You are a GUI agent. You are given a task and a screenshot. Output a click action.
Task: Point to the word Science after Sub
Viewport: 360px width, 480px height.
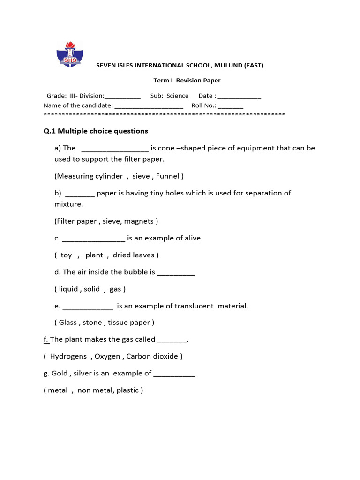coord(178,96)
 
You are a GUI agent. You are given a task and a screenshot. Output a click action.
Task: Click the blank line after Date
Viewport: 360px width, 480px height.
coord(240,96)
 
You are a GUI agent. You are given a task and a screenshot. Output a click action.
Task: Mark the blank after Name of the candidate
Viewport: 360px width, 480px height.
coord(149,106)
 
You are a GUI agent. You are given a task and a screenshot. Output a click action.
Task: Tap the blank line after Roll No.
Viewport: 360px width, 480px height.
coord(231,106)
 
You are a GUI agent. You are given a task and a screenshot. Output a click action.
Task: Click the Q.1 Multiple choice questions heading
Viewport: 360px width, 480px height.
coord(96,131)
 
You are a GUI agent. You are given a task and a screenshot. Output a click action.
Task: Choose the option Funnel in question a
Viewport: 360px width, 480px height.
coord(168,176)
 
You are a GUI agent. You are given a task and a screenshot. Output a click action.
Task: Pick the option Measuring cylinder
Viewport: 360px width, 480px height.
coord(90,176)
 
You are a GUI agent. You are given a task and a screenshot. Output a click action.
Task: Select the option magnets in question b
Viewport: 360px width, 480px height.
coord(142,221)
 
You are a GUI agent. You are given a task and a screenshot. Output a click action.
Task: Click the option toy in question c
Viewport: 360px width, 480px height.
coord(66,255)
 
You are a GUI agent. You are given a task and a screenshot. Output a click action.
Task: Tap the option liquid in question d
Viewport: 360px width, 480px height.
coord(68,289)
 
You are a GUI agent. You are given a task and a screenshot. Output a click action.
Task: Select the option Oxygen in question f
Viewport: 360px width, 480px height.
coord(107,356)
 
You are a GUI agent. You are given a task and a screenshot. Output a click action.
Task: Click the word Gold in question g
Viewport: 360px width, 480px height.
coord(60,373)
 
